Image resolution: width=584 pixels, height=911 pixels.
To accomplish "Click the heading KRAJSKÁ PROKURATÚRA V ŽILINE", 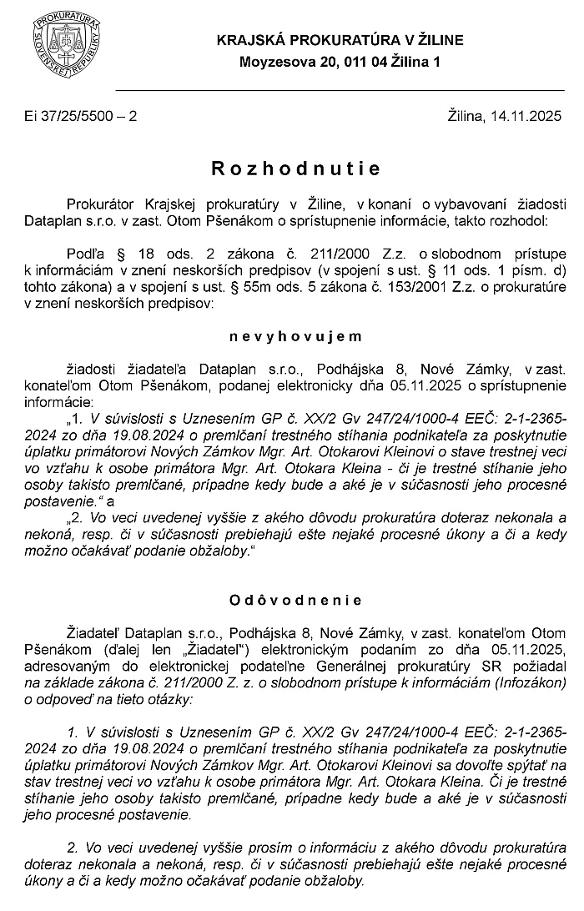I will [340, 40].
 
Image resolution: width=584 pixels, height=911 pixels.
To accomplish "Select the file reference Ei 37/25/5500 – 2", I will [81, 118].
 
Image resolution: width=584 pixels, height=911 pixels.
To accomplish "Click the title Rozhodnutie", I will [296, 169].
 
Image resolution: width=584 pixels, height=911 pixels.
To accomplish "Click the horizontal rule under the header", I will [340, 89].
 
